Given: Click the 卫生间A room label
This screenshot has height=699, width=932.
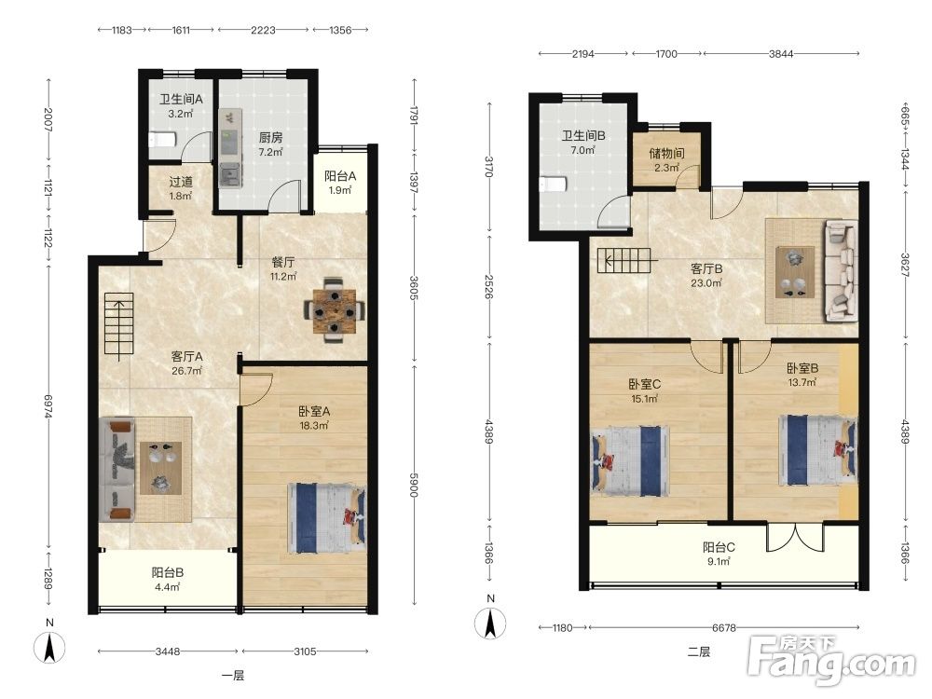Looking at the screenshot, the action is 181,100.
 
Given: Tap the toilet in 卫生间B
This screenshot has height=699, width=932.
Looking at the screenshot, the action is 553,184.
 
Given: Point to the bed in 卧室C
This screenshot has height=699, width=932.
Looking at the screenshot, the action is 631,460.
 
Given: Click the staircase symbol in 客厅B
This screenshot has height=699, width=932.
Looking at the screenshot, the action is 627,260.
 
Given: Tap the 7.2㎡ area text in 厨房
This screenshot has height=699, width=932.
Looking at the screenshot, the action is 270,152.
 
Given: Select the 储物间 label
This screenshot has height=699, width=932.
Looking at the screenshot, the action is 666,154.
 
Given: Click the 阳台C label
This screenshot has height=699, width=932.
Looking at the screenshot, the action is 719,547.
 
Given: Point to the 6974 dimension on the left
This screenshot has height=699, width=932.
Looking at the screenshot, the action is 48,408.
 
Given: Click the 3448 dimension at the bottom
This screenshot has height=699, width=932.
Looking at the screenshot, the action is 168,651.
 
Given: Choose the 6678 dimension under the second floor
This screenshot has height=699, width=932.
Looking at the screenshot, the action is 724,627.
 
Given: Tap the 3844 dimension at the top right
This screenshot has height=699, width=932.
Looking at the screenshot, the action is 781,53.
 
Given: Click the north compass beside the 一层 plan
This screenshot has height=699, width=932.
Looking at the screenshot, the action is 49,647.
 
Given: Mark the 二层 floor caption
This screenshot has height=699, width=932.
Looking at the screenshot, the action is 698,652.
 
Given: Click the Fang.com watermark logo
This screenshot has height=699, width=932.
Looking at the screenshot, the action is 831,659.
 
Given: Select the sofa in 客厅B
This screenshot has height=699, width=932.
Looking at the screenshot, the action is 841,271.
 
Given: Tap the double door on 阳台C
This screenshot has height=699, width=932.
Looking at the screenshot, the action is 795,537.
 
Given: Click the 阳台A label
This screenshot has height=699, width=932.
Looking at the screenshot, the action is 340,176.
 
